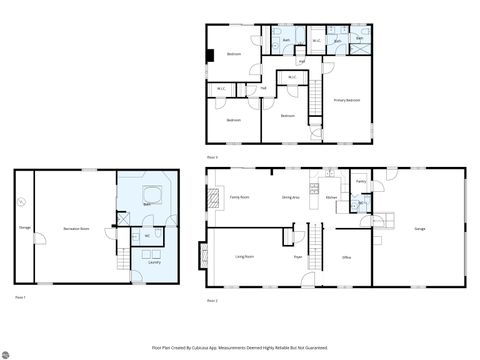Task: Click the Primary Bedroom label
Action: coord(347,101)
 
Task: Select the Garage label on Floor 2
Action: coord(420,229)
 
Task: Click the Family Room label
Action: coord(239,198)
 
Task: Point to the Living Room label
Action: coord(243,257)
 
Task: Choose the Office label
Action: coord(346,257)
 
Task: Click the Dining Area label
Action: coord(291,198)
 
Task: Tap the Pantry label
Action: coord(361,181)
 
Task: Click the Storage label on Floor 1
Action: coord(24,229)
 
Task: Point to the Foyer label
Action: coord(298,257)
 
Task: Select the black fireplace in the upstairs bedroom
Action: coord(209,57)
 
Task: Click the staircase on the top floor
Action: coord(319,98)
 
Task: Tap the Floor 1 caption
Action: coord(20,297)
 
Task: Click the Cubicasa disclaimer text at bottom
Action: coord(240,347)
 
